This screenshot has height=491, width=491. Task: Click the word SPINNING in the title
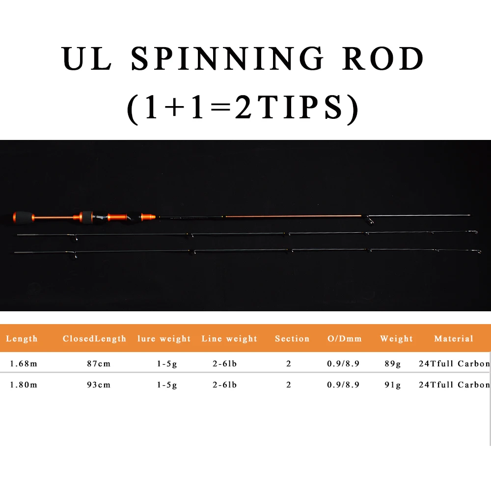coord(227,59)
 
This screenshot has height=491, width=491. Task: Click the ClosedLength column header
coord(94,339)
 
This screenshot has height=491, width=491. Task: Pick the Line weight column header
coord(229,339)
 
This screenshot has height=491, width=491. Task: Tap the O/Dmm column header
coord(344,339)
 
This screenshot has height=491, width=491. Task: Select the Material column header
coord(454,339)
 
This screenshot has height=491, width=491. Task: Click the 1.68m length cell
coord(24,364)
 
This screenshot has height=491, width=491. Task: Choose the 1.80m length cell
coord(24,385)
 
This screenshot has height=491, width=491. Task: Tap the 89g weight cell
coord(392,364)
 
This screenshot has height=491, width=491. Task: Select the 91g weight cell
coord(392,385)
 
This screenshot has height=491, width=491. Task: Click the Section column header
coord(292,339)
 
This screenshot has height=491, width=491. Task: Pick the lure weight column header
coord(164,339)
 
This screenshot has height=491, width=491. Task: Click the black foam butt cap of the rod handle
coord(21,217)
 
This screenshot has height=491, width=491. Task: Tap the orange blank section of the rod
coord(295,216)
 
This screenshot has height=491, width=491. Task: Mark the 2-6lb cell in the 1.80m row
coord(224,385)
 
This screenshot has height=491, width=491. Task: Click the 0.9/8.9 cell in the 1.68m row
coord(343,364)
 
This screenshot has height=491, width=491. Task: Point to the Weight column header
coord(396,339)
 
